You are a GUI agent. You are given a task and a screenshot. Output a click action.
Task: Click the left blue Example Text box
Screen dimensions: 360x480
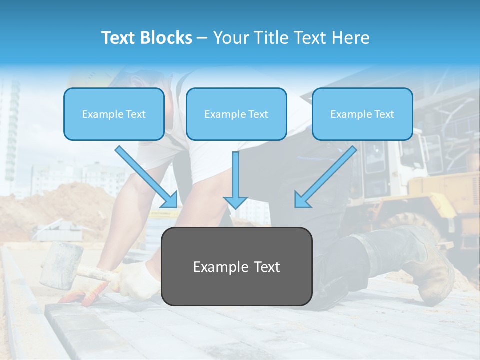coord(114,114)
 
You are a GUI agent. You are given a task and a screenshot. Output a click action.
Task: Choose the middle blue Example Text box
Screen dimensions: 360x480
coord(236,114)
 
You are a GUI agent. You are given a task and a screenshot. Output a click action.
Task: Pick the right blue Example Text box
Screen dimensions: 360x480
coord(362,114)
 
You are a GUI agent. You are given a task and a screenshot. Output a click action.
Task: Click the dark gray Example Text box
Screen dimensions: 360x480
coord(236,267)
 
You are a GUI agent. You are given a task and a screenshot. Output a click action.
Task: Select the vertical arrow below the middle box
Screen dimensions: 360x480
coord(235,180)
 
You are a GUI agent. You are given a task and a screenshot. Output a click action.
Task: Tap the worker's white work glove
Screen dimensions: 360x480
coord(137,280)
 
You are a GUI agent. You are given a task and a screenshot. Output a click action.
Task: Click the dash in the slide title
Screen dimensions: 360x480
coord(202,38)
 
